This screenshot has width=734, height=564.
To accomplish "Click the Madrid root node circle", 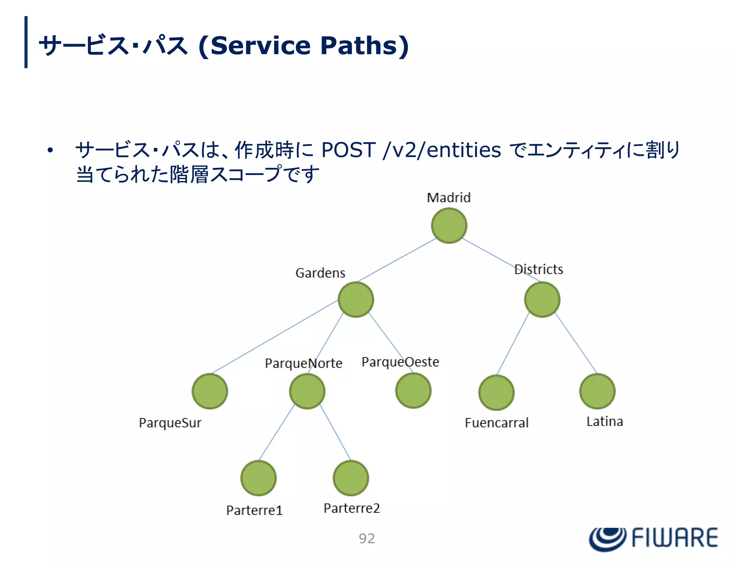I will (x=449, y=226).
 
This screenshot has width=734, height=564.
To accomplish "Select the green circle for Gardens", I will (x=356, y=299).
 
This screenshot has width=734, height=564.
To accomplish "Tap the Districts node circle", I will (x=542, y=299).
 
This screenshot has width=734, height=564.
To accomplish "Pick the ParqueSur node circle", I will (x=210, y=391).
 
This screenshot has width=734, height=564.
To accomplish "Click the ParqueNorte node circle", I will (x=307, y=391).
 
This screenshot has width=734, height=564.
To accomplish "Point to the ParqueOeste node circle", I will (x=413, y=390).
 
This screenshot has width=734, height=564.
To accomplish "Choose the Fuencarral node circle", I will (x=496, y=392).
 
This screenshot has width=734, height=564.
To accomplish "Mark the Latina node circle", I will (x=597, y=391).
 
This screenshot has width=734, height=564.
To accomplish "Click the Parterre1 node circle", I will (x=258, y=478).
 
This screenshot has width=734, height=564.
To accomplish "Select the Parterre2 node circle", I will (x=351, y=478).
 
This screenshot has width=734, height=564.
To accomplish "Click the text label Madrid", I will (x=449, y=198).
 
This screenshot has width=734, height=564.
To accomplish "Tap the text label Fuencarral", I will (x=496, y=423).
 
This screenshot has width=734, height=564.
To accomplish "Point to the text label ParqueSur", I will (x=170, y=423).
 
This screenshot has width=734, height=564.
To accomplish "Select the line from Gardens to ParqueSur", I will (x=274, y=337).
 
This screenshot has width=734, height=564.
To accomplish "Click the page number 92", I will (x=367, y=538).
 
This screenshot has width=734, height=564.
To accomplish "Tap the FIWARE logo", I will (x=653, y=538).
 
